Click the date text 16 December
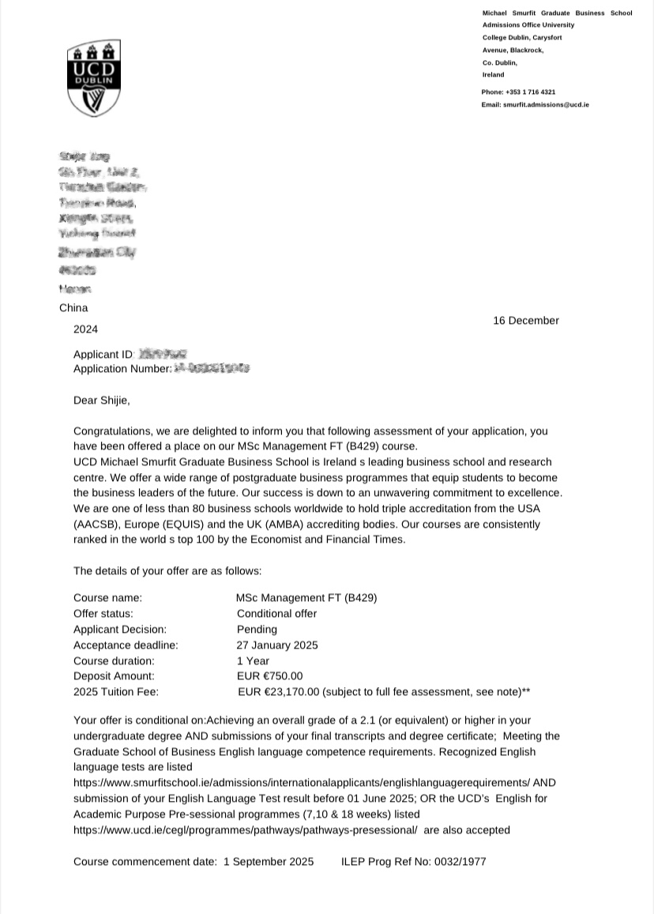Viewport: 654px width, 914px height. (x=525, y=321)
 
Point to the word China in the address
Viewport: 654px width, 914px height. (x=73, y=308)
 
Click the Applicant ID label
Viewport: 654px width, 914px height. (x=103, y=355)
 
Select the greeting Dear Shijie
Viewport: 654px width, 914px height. (x=101, y=401)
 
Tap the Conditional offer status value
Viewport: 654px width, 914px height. (x=276, y=614)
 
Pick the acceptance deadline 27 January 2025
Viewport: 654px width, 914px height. (x=277, y=645)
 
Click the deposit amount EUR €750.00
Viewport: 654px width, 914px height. (x=269, y=676)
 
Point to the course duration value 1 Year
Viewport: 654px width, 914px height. (x=253, y=660)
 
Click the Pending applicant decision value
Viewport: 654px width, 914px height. (x=257, y=630)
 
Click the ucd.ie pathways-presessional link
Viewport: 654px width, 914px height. (x=245, y=830)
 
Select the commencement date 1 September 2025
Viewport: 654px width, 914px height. (x=269, y=861)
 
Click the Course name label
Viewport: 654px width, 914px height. (x=108, y=598)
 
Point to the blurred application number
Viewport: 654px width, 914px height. (x=211, y=368)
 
